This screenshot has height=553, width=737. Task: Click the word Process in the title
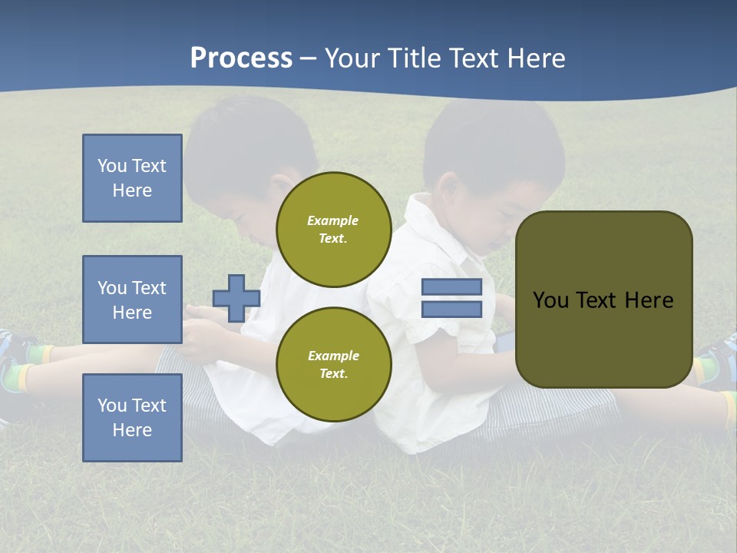point(241,58)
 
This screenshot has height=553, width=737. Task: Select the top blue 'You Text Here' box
point(132,178)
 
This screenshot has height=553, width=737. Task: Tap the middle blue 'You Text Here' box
point(132,300)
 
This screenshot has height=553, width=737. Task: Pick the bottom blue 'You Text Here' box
point(132,418)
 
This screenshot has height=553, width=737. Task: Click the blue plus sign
point(236,298)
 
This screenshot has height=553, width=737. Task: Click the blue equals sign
point(451,298)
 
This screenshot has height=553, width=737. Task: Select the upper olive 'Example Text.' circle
point(333,229)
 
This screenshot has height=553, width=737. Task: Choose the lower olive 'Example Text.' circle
point(333,364)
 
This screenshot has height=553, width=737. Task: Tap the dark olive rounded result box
point(603,300)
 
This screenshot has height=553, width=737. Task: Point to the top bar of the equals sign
point(451,287)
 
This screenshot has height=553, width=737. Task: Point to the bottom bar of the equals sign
point(451,309)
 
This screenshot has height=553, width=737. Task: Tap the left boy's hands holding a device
point(201,323)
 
